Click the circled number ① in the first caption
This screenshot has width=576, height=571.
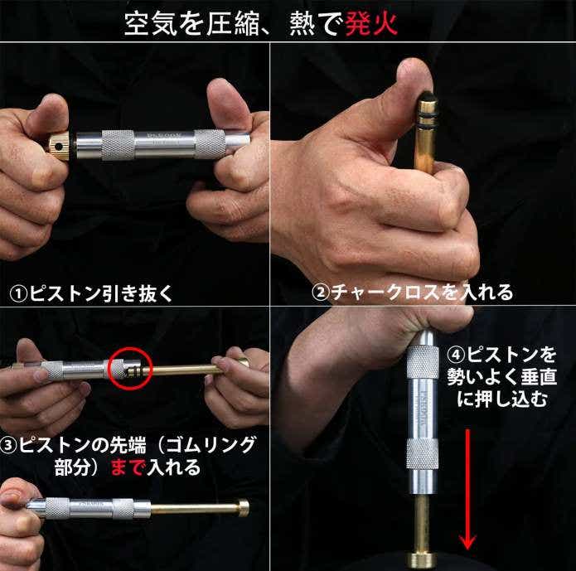click(x=18, y=294)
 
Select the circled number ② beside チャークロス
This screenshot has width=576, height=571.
click(x=321, y=293)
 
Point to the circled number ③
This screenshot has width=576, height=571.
click(x=8, y=445)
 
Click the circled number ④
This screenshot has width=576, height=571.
click(x=456, y=355)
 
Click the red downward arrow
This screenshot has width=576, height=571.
click(x=467, y=489)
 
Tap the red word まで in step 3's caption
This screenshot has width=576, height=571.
click(x=127, y=467)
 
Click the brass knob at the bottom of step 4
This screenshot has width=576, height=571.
click(x=421, y=559)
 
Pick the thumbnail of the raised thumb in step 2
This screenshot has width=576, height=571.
click(x=416, y=70)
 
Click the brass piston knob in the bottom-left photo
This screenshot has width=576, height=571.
click(x=244, y=508)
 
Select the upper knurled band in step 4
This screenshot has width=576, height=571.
click(x=423, y=362)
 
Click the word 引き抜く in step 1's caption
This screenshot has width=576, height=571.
click(x=137, y=294)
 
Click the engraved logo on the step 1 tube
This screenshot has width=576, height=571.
click(x=164, y=136)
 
